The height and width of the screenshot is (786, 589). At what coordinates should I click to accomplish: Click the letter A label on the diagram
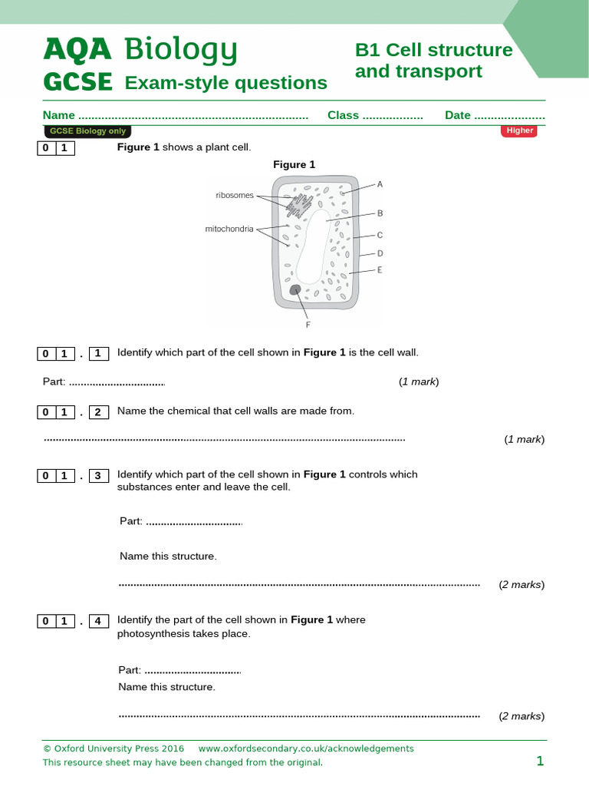point(380,184)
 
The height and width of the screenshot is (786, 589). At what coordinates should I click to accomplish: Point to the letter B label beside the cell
point(380,213)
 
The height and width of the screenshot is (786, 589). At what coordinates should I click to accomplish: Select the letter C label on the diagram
point(380,235)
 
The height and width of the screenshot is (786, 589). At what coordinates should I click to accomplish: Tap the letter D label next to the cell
point(380,253)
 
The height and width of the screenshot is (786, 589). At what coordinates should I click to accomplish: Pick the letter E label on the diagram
point(380,269)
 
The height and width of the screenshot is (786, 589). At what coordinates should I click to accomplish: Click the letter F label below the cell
point(308,325)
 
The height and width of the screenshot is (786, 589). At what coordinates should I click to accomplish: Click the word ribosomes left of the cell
point(235,195)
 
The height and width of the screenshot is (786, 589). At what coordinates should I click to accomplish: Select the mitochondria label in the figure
point(229,229)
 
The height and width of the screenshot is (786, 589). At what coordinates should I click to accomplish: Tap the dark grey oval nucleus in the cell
point(295,289)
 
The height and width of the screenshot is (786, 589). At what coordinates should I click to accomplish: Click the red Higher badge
point(519,130)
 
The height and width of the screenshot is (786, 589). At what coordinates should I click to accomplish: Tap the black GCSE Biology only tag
point(87,131)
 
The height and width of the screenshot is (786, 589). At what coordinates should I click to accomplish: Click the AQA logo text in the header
point(77,50)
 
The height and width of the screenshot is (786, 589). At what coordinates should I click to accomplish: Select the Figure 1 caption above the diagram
point(294,164)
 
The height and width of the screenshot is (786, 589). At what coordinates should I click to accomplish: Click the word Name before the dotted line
point(59,115)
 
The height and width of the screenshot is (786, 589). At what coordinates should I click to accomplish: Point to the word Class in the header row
point(343,115)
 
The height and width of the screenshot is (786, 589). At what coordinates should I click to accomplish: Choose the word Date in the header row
point(458,115)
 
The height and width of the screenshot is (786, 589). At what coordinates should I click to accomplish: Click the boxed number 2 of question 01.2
point(98,411)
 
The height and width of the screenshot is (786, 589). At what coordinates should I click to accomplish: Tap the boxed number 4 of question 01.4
point(98,620)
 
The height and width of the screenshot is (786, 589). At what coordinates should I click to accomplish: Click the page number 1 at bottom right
point(540,761)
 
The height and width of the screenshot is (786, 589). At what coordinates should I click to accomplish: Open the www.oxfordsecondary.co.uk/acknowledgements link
point(306,748)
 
